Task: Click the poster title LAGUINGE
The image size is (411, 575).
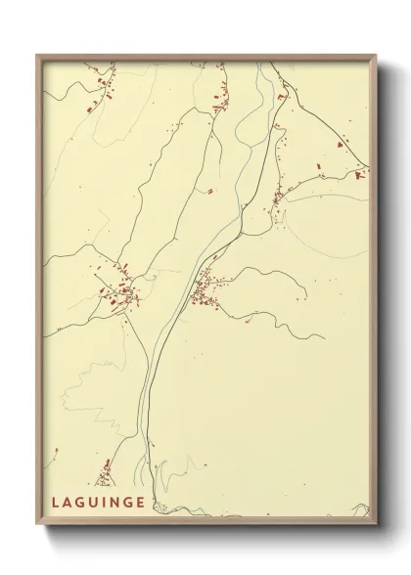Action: [x=100, y=504]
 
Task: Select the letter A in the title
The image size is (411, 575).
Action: [x=68, y=504]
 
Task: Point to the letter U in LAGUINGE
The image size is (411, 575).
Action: [x=95, y=504]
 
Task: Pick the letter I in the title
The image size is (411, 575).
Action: [x=106, y=504]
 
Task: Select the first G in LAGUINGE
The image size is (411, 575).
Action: [x=81, y=504]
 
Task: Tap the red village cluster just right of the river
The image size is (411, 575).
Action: [x=206, y=289]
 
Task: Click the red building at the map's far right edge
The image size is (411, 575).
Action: [x=360, y=175]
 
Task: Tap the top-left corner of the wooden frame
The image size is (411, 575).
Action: [x=38, y=55]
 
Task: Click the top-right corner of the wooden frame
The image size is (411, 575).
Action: [x=381, y=55]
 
